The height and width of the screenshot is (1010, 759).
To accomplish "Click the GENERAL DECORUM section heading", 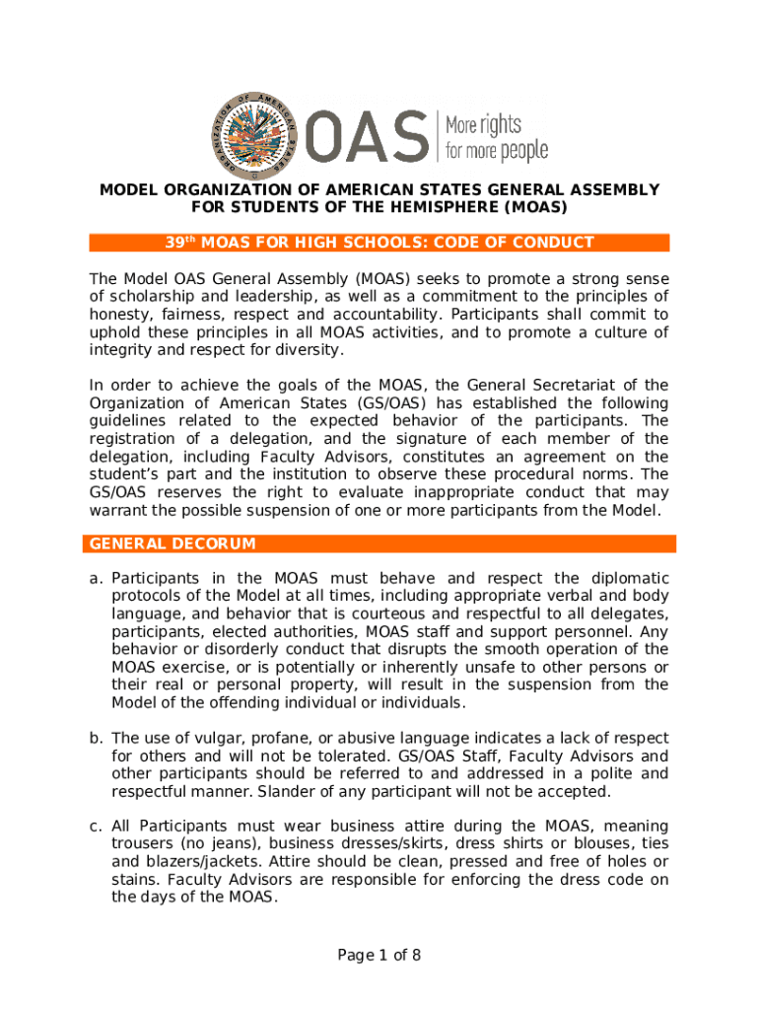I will (x=172, y=543).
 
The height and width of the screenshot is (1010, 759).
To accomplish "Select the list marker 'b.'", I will (x=97, y=739).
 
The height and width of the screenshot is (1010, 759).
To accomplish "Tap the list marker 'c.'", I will (x=97, y=827).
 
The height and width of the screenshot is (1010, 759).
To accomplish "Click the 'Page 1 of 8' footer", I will (x=379, y=955).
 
